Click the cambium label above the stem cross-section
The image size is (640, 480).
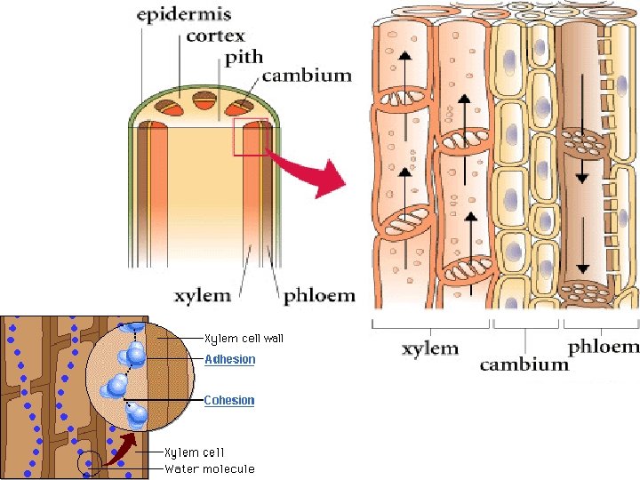(306, 75)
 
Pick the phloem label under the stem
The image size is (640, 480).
(319, 295)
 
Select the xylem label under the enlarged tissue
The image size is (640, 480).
(430, 348)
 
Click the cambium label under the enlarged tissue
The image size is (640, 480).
(524, 364)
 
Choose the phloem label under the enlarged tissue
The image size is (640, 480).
(603, 347)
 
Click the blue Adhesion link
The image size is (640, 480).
(229, 360)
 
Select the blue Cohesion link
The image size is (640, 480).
(229, 400)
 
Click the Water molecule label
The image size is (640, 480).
(210, 468)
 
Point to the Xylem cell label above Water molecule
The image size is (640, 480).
(194, 452)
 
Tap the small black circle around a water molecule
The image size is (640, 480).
(89, 462)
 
